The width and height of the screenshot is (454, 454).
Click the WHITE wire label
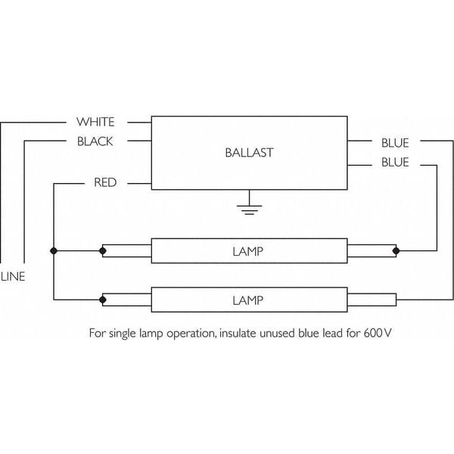point(95,122)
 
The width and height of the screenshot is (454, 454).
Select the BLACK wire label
point(95,141)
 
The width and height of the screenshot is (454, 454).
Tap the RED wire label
point(104,182)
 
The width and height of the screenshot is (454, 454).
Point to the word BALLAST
point(248,152)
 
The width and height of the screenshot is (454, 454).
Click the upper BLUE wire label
point(395,141)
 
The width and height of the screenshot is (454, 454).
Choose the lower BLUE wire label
point(395,162)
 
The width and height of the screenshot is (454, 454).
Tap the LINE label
point(13,276)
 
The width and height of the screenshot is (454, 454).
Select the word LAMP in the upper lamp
point(248,250)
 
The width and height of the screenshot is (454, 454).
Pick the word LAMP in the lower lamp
point(248,300)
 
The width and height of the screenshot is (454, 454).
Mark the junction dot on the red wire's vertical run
point(54,250)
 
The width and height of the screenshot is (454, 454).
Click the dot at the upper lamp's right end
point(396,250)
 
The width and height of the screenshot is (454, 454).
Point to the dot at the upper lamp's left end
point(104,250)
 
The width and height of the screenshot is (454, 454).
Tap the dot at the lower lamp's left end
point(104,300)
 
